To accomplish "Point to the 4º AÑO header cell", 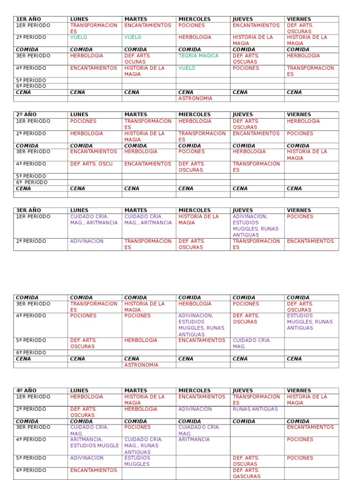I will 26,390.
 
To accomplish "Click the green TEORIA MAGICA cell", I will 198,56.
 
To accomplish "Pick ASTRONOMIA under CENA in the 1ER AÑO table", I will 195,98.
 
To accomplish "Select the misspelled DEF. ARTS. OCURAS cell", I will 137,59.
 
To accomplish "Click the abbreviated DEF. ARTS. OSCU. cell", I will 92,164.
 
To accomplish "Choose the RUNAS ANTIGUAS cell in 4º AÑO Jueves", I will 255,409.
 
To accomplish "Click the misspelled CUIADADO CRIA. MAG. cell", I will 199,430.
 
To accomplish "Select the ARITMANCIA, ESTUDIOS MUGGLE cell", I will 94,442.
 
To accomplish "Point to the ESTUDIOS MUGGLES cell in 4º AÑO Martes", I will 137,461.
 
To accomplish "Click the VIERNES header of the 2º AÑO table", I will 299,114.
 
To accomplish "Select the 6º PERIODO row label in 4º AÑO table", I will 31,470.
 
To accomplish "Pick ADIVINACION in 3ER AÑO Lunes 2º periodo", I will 87,241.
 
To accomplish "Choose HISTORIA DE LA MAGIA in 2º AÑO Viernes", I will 307,155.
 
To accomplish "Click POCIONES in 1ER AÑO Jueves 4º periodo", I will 246,68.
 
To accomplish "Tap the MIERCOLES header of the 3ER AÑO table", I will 195,210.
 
